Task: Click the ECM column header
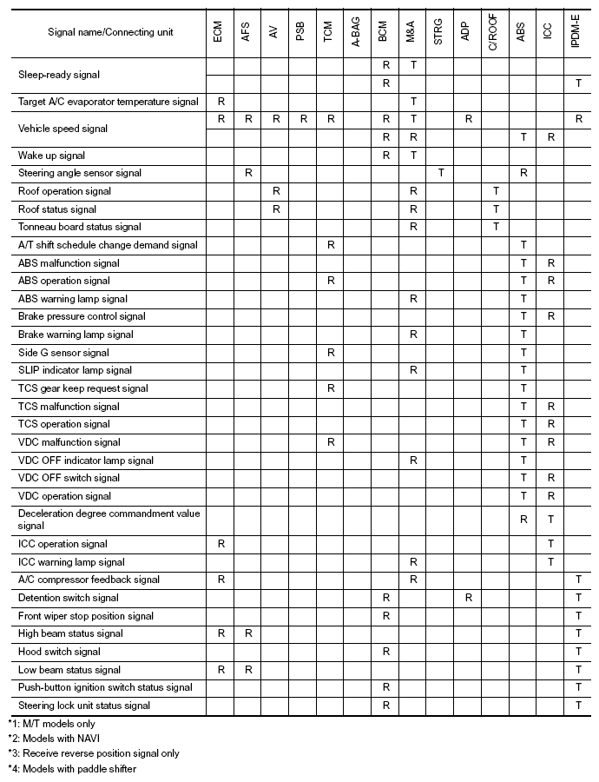point(220,32)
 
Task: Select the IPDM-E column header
point(577,32)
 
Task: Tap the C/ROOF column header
point(495,32)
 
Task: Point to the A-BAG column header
point(357,32)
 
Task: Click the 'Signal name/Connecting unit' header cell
point(110,32)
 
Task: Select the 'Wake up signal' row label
point(52,155)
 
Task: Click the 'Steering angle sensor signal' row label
point(80,173)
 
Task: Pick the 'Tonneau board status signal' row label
point(79,227)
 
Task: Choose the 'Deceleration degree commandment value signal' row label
point(109,520)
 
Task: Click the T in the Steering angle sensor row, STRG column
point(440,173)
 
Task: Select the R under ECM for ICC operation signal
point(221,544)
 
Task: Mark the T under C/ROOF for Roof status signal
point(496,209)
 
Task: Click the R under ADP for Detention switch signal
point(468,598)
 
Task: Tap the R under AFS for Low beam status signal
point(248,670)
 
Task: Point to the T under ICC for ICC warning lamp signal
point(550,562)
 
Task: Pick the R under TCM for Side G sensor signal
point(331,353)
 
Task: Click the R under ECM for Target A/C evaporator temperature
point(221,102)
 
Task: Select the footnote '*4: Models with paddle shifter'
point(72,768)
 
